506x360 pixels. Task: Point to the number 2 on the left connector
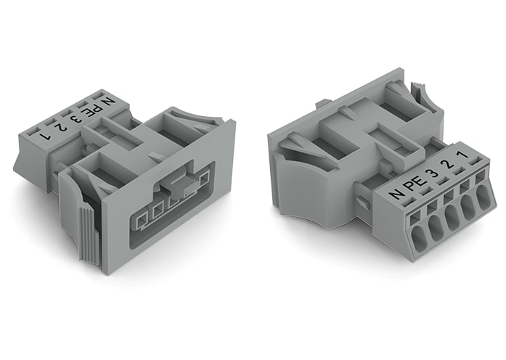tap(62, 126)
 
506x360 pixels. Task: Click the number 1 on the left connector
tap(46, 134)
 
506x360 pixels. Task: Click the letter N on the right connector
tap(396, 194)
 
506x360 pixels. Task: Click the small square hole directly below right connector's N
tap(413, 216)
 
